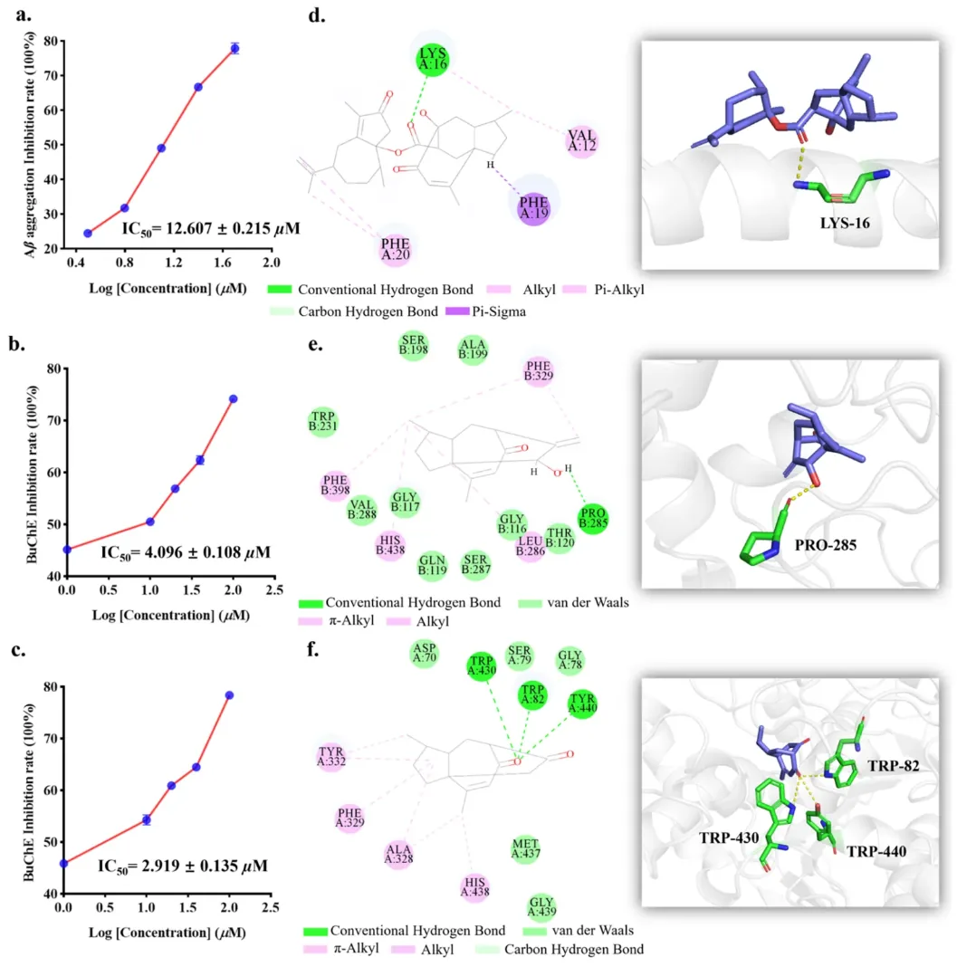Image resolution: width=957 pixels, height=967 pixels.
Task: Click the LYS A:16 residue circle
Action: [x=432, y=59]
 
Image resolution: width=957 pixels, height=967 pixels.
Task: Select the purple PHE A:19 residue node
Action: [x=533, y=208]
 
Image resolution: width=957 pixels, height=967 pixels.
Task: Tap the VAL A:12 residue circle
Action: [x=581, y=141]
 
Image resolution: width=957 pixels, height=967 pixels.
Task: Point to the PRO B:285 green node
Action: [x=592, y=518]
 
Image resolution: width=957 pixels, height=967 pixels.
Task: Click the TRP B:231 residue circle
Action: [x=322, y=422]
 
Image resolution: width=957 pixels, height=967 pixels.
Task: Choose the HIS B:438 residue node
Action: [x=390, y=545]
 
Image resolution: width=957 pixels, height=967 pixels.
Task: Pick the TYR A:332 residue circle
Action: [x=331, y=757]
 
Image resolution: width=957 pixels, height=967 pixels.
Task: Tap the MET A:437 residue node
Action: [x=525, y=848]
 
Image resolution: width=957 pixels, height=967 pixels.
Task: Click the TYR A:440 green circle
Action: [x=582, y=704]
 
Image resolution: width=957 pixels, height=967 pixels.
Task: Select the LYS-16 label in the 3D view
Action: [x=845, y=224]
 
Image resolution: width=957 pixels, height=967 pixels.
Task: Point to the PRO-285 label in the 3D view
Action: [x=825, y=545]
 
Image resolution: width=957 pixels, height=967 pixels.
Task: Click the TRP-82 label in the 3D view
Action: [x=894, y=766]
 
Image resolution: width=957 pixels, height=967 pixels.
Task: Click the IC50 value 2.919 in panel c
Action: [x=183, y=866]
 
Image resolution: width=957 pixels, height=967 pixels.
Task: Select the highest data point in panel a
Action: [x=234, y=48]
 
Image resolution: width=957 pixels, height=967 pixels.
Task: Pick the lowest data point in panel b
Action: [x=67, y=550]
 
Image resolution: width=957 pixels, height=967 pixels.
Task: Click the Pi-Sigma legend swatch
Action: [x=457, y=311]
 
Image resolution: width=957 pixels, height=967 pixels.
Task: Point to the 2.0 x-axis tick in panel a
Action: [x=272, y=263]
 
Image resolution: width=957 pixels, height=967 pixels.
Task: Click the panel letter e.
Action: [x=315, y=344]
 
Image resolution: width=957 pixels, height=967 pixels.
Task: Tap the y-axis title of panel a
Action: [x=30, y=145]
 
